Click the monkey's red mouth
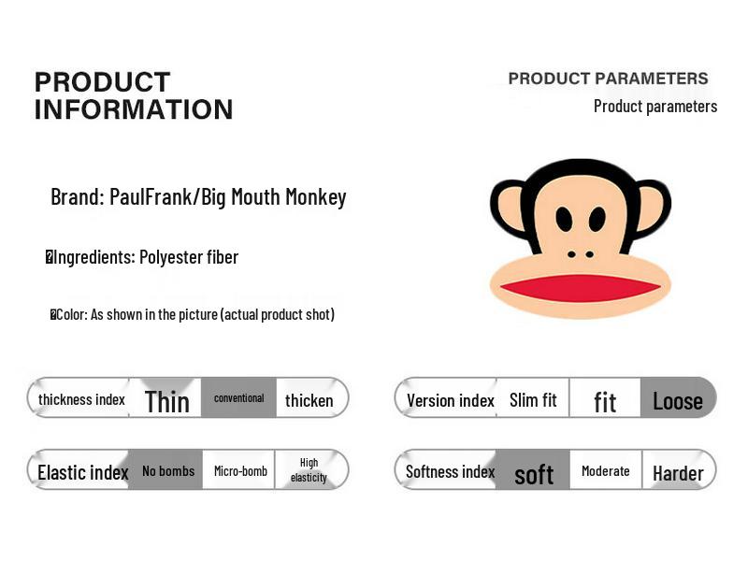point(581,288)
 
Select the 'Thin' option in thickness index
point(166,401)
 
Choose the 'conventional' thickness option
point(238,398)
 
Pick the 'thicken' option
point(309,400)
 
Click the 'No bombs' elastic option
point(168,470)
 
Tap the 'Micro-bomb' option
point(240,470)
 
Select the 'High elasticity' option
point(309,469)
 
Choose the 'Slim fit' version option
point(533,400)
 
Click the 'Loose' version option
point(677,401)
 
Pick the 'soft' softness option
point(534,475)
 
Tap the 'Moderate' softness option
point(605,470)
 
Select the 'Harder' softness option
point(678,472)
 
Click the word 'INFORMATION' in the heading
point(134,109)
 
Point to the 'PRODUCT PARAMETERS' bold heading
point(608,79)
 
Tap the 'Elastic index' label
point(82,472)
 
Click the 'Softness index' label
point(450,471)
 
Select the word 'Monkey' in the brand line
point(318,197)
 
